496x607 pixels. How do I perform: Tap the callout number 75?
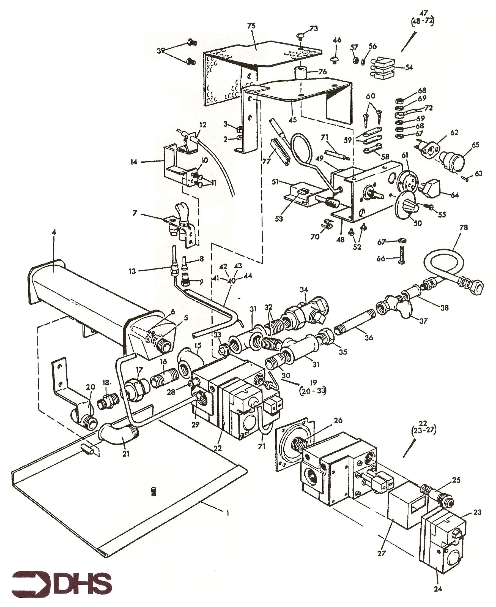coord(252,26)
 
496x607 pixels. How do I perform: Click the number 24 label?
coord(438,589)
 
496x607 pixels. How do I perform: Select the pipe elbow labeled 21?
coord(118,435)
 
